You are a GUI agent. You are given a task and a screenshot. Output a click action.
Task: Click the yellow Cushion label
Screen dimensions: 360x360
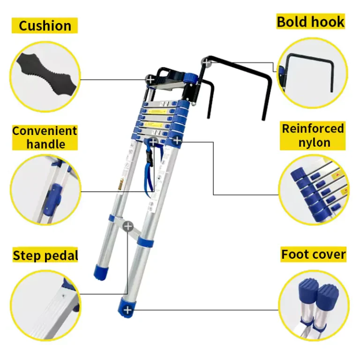pos(45,25)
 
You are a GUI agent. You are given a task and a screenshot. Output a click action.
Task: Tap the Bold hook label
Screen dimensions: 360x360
pos(311,22)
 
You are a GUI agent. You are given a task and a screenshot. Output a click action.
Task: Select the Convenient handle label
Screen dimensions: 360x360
pos(45,137)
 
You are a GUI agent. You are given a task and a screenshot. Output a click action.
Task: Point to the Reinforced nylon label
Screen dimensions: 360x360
pos(313,135)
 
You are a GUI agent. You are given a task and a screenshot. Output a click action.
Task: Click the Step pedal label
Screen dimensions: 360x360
pos(45,255)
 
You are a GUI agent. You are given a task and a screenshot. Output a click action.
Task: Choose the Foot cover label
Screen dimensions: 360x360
pos(314,255)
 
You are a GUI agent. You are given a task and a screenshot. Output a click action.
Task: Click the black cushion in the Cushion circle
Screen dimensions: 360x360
pos(46,74)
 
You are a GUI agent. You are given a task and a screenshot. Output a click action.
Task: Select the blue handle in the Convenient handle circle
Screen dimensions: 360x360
pos(53,199)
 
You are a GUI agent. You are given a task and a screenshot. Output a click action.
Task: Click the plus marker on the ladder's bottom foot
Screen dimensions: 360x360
pos(127,310)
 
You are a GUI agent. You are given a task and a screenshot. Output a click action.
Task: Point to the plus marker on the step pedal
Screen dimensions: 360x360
pos(128,227)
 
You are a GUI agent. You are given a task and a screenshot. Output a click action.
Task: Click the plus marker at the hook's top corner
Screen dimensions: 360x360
pos(206,62)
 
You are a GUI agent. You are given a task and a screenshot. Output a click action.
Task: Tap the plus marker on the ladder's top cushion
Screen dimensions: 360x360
pos(150,80)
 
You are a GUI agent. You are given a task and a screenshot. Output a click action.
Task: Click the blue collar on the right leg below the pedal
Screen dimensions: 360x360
pos(145,242)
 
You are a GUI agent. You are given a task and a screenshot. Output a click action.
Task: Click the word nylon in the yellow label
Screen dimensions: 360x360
pos(315,143)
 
